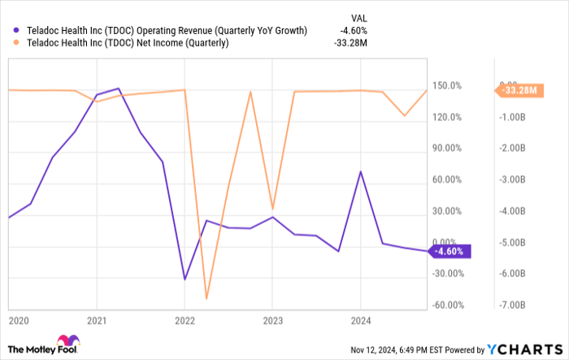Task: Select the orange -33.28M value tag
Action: coord(518,90)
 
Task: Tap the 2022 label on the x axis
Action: coord(185,320)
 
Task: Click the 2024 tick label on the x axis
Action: coord(361,320)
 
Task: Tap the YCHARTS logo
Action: coord(523,349)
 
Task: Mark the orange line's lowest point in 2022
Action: coord(206,299)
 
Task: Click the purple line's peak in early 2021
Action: coord(119,89)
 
